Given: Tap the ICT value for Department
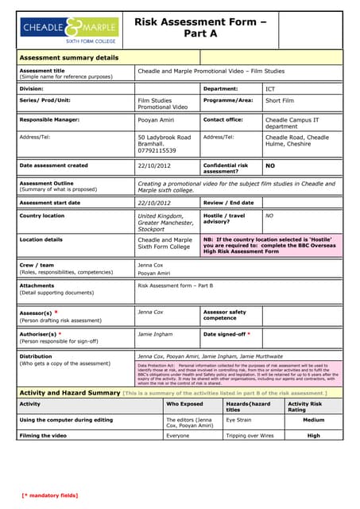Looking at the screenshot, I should point(271,89).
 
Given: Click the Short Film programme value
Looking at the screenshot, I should point(280,101).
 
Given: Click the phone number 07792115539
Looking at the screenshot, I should point(157,150).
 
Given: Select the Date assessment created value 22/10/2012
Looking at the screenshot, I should point(154,166).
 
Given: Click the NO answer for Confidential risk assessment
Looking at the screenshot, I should point(270,166).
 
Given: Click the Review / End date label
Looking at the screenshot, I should point(229,203).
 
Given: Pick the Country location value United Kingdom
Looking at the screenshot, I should point(160,216).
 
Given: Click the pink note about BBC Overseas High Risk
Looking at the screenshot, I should point(270,245).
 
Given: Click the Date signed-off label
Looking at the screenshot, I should point(227,334).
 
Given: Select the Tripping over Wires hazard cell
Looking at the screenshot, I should point(250,435).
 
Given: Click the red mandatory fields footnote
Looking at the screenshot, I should point(50,495).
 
